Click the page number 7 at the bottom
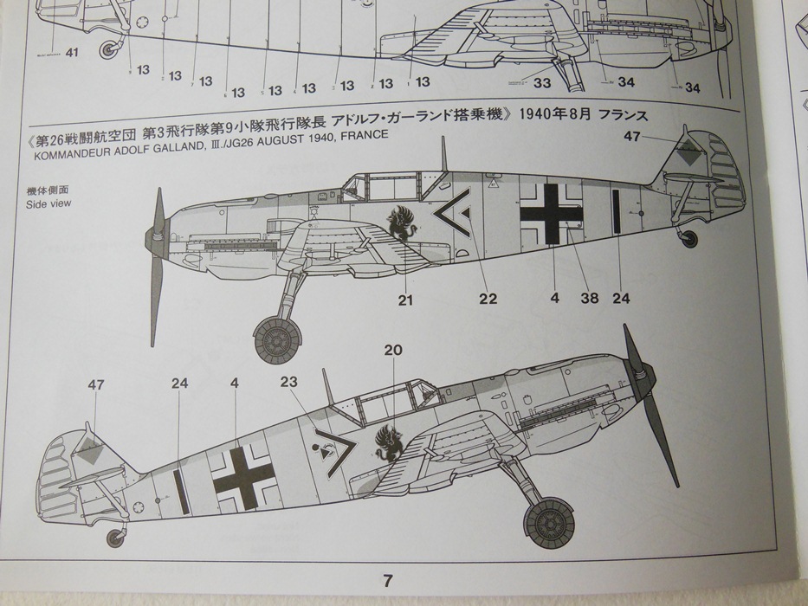[388, 580]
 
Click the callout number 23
[289, 382]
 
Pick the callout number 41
[71, 52]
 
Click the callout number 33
[543, 84]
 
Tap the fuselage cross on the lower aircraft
[243, 477]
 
